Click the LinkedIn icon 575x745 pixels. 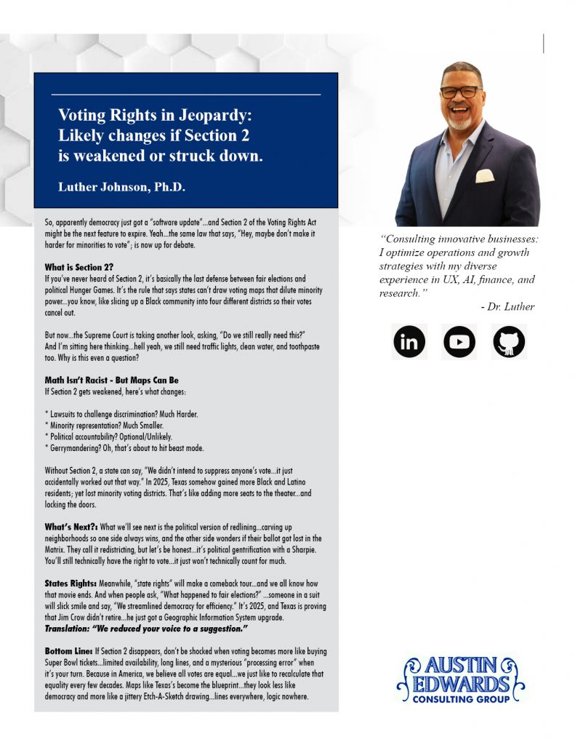[409, 342]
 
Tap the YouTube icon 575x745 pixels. [459, 342]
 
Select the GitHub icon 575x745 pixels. [508, 342]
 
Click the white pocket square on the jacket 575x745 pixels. [485, 175]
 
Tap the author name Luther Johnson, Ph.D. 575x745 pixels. [121, 187]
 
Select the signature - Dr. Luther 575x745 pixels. [507, 306]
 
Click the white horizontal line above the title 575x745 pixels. [185, 95]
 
